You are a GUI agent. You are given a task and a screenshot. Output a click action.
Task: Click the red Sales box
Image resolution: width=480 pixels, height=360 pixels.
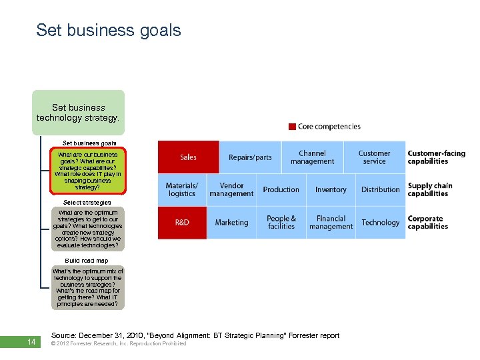(188, 157)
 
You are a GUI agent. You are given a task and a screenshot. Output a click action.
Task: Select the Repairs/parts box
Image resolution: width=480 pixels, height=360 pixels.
(250, 157)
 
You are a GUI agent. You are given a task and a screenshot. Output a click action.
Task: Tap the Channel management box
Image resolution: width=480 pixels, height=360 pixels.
(312, 157)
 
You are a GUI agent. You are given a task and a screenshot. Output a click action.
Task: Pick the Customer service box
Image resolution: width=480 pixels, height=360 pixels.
(374, 157)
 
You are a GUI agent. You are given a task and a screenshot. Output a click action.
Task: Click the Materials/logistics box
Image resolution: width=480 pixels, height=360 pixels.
(182, 190)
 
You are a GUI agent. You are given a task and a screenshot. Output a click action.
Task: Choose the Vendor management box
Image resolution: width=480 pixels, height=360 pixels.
(231, 190)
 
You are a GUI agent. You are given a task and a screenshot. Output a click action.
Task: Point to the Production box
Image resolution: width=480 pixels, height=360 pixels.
(281, 190)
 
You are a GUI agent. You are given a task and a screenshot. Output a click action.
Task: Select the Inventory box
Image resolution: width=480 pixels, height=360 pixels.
(331, 190)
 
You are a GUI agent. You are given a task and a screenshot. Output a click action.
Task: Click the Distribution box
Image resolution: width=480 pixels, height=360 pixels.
(380, 190)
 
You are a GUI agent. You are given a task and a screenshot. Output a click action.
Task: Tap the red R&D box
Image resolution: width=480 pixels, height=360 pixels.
(182, 223)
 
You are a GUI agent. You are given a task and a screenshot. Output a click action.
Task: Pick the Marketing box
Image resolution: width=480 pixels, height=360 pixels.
(231, 223)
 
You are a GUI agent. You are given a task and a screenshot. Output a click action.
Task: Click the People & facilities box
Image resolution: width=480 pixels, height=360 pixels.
(281, 223)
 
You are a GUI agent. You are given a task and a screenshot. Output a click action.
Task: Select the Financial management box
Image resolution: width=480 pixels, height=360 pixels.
(331, 223)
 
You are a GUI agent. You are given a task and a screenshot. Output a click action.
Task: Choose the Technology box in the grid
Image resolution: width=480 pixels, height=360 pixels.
(380, 223)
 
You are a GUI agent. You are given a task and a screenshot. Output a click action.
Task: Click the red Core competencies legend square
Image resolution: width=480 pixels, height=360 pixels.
(292, 127)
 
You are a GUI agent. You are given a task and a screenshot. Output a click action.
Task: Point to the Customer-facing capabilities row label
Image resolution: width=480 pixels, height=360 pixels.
(437, 157)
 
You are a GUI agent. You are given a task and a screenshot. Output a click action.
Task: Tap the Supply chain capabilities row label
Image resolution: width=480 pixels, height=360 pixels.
(430, 190)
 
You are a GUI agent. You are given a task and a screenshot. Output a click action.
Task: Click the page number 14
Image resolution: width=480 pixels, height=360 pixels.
(31, 343)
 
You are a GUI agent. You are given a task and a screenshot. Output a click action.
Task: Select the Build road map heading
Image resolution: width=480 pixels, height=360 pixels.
(87, 261)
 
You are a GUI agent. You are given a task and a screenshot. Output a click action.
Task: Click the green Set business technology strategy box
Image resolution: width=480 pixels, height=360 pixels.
(79, 113)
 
